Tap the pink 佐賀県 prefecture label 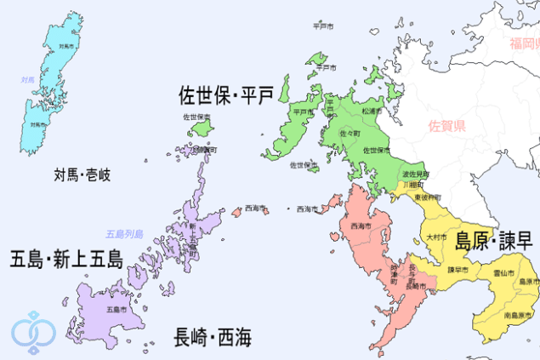tap(446, 127)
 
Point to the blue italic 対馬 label tap(27, 80)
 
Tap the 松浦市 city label tap(371, 111)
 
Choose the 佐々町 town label tap(350, 134)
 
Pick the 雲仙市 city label tap(503, 273)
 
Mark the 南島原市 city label tap(518, 315)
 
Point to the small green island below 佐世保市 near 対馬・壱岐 tap(202, 129)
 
